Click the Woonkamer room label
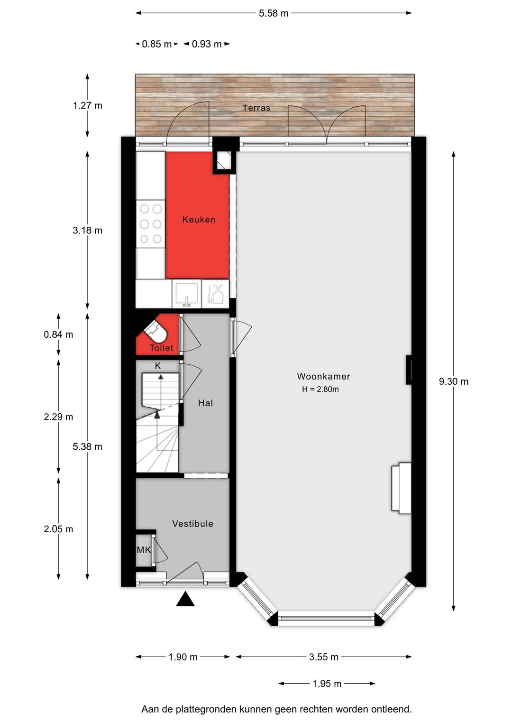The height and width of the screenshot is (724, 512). click(323, 376)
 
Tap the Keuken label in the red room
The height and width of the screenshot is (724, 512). click(199, 220)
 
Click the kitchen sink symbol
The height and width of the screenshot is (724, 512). click(187, 294)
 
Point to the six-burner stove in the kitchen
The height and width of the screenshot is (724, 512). click(151, 224)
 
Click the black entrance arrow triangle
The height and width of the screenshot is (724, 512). click(185, 599)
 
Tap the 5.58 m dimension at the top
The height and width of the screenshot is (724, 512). click(273, 13)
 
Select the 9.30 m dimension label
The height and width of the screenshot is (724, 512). click(454, 381)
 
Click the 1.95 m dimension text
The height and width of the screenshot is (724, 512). click(327, 684)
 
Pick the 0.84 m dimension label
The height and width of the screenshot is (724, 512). click(58, 334)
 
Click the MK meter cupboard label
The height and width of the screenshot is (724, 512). click(144, 550)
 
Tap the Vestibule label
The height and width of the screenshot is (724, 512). click(192, 524)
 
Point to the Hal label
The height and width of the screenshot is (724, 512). click(205, 403)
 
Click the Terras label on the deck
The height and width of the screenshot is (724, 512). click(256, 108)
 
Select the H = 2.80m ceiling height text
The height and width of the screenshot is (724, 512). click(320, 389)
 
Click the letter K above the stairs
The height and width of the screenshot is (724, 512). click(158, 366)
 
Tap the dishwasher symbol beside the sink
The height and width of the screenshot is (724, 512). click(215, 294)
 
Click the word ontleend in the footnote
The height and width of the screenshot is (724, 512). click(391, 709)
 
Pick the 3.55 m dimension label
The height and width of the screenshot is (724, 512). click(324, 657)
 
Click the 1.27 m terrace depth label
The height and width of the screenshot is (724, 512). click(88, 106)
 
